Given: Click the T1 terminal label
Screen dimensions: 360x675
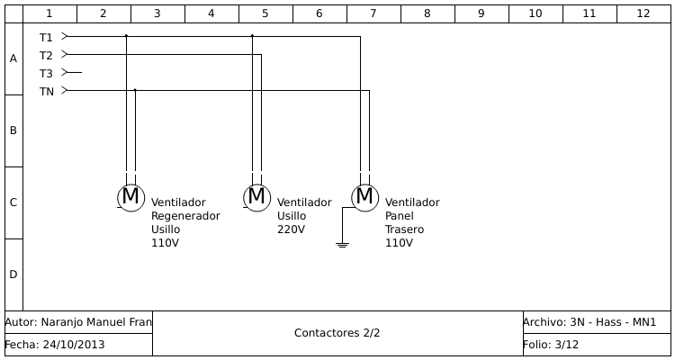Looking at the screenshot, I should tap(46, 37).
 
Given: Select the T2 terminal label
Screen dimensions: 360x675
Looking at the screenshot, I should tap(46, 55).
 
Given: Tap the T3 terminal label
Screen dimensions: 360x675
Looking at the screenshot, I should tap(46, 73).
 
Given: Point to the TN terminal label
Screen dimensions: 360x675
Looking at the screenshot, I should tap(46, 92).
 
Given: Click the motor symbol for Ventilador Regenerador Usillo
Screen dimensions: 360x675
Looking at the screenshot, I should tap(130, 197).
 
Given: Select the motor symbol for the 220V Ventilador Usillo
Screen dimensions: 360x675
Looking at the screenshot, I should tap(256, 197).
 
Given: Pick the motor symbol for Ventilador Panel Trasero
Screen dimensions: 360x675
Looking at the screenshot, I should tap(364, 197).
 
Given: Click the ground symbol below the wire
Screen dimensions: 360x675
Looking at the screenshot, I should tap(342, 244).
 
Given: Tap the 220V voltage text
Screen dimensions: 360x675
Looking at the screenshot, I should tap(291, 229).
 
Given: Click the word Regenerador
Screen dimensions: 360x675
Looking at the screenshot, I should tap(185, 216).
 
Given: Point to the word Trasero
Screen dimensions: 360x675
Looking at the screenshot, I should tap(404, 229).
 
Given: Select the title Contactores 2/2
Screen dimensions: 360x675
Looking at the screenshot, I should tap(337, 333).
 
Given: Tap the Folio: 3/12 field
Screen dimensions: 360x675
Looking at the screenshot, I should tap(550, 345).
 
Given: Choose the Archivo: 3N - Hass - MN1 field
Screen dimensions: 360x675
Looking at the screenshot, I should tap(589, 322).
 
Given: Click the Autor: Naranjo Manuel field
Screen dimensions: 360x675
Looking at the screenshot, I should tap(78, 322).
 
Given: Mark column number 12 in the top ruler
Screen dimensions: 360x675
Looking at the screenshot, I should tap(643, 13).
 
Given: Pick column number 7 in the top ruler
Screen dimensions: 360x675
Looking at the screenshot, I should tap(373, 13).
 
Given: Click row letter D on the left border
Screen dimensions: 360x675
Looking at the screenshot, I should tap(13, 274).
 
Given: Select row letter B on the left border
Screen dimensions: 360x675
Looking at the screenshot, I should tap(13, 130).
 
